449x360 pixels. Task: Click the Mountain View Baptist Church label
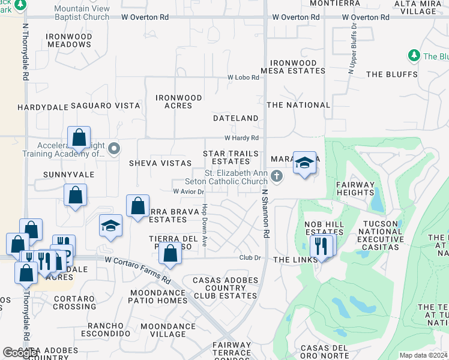coord(82,13)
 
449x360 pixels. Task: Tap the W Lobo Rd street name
coord(243,77)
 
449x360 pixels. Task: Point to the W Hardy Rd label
coord(241,138)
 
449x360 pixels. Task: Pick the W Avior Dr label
coord(188,192)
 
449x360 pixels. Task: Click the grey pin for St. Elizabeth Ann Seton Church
coord(276,176)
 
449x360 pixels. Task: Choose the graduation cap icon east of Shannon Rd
coord(305,163)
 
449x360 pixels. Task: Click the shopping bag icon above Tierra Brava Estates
coord(138,206)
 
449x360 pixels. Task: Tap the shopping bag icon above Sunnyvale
coord(79,138)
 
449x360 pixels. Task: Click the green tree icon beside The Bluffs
coord(414,56)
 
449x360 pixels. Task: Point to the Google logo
coord(21,353)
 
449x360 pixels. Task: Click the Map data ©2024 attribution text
coord(423,355)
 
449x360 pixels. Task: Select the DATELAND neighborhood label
coord(236,118)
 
